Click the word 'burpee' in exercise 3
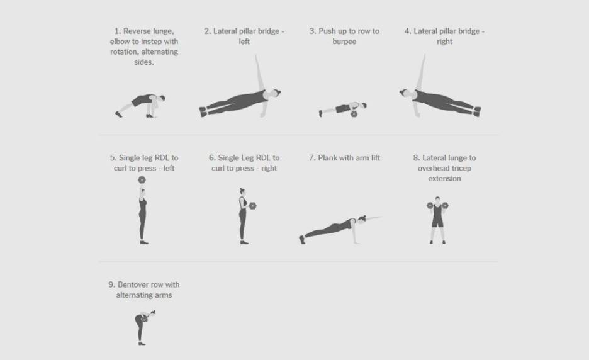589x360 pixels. click(x=344, y=42)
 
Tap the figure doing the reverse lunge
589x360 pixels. click(x=140, y=106)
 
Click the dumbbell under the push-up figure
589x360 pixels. click(x=354, y=114)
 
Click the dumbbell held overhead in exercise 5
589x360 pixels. click(x=142, y=180)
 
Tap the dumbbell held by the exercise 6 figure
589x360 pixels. click(x=252, y=206)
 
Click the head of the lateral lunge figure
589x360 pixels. click(x=437, y=200)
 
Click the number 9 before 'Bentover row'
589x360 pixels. click(x=111, y=284)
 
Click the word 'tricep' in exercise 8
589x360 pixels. click(x=461, y=168)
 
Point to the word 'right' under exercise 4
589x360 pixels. click(x=444, y=42)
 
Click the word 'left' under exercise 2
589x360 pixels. click(x=244, y=42)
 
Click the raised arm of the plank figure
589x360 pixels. click(x=373, y=218)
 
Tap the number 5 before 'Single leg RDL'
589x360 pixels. click(x=113, y=158)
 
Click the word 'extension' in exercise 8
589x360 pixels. click(x=444, y=179)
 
